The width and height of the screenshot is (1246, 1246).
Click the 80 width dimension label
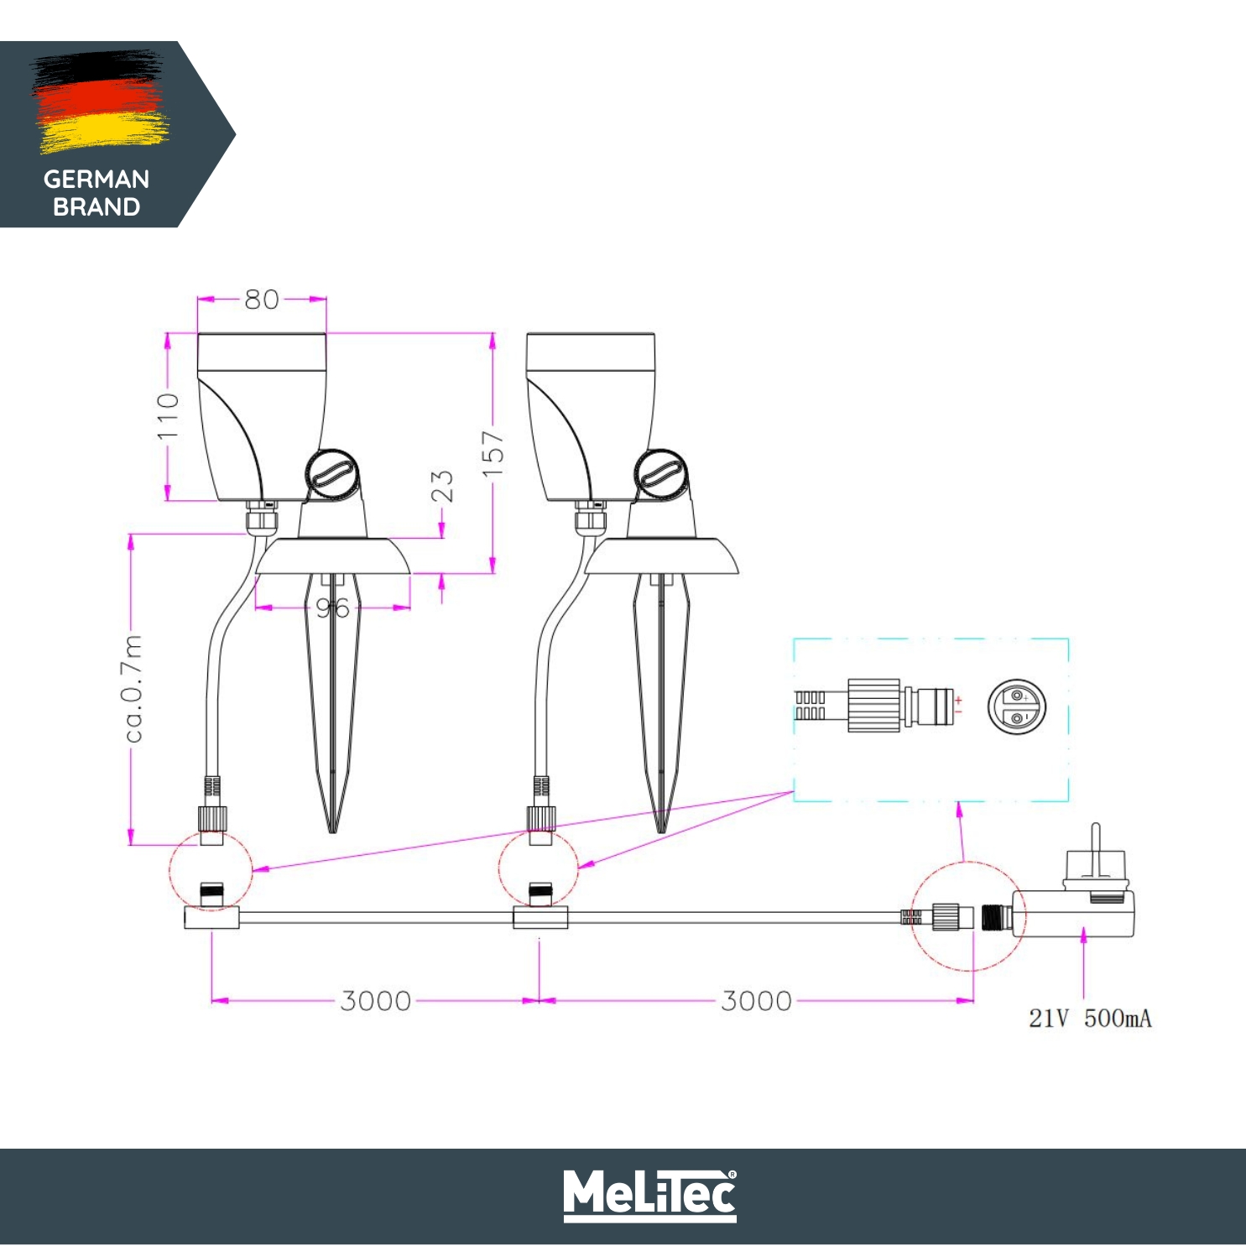pos(261,300)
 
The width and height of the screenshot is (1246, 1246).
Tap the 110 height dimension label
pos(169,415)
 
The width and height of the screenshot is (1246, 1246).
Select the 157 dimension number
pos(493,453)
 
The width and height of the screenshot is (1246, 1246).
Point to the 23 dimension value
pos(442,486)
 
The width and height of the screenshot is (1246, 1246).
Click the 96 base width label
pos(332,608)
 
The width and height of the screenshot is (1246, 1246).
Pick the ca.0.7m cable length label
pos(133,689)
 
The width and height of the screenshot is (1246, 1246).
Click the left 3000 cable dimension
pos(375,1001)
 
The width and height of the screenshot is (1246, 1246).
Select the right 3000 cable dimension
pos(756,1001)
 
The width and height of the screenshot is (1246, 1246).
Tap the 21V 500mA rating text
pos(1090,1019)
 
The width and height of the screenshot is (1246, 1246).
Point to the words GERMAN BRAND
pos(96,193)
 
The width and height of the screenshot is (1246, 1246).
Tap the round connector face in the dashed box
pos(1016,706)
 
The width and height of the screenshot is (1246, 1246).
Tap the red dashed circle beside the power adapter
pos(966,916)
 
